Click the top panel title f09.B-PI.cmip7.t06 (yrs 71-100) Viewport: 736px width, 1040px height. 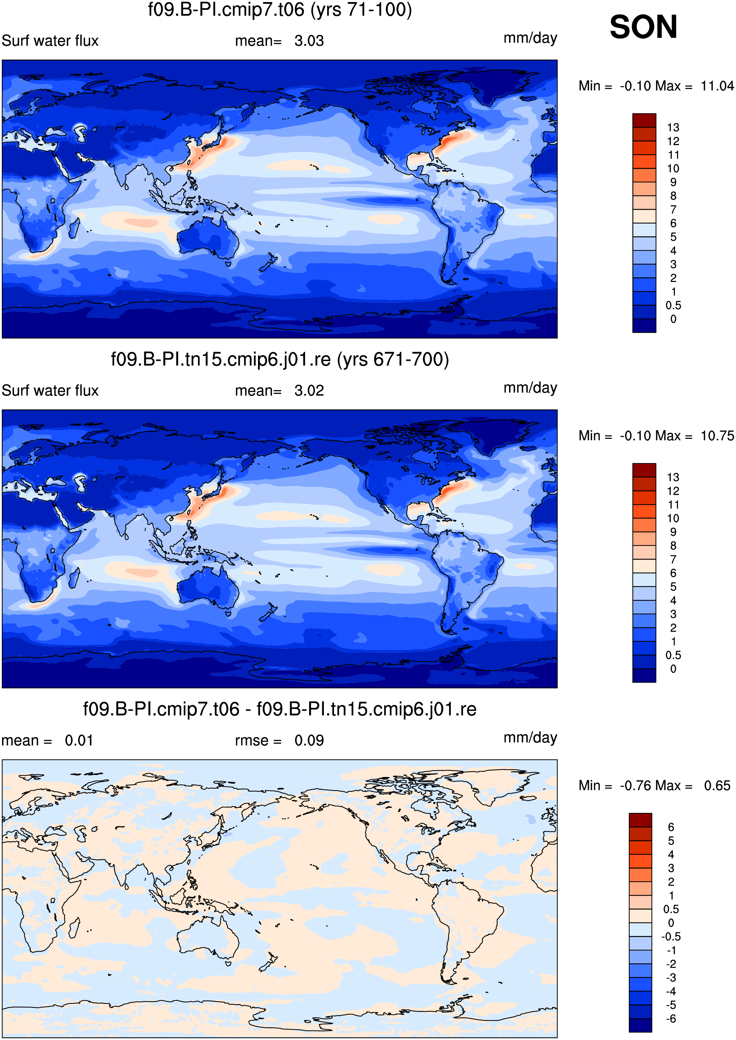pos(280,10)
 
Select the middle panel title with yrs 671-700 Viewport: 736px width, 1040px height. pos(280,360)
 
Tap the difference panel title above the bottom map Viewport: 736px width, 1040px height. pos(280,709)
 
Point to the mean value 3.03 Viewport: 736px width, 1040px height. pos(309,41)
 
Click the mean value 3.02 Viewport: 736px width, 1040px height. pos(309,391)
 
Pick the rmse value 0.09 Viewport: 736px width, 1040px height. pos(309,741)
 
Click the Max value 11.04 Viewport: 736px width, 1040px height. pos(717,86)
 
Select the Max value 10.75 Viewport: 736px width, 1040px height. pos(717,436)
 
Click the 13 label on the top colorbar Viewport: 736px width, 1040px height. pos(673,127)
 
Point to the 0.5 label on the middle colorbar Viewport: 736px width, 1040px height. pos(673,655)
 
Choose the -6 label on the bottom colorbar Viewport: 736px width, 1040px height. pos(671,1019)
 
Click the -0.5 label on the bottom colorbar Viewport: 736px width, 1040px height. pos(671,937)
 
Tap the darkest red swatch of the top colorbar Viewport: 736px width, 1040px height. pos(644,120)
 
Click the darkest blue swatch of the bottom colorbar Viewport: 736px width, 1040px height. pos(640,1025)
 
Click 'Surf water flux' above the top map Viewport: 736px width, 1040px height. pos(50,41)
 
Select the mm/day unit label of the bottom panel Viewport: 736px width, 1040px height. pos(530,738)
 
